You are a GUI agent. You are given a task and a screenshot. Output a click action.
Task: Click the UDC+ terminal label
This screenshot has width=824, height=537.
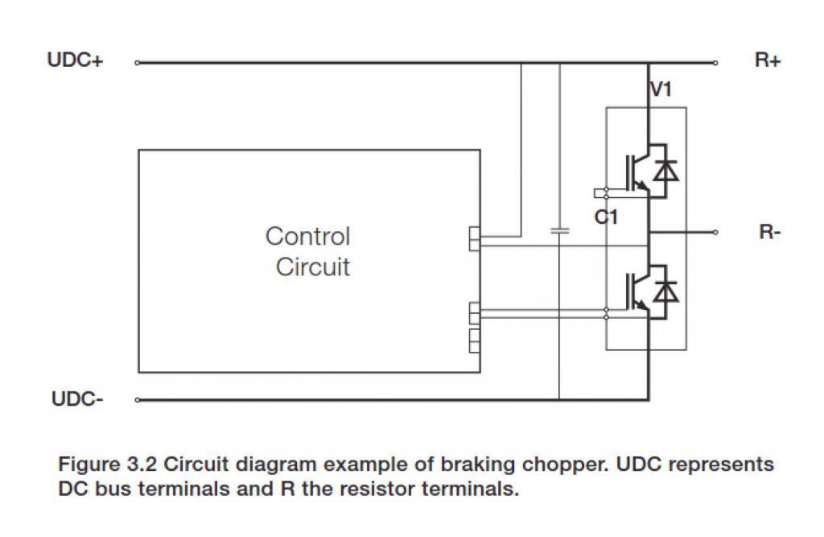75,61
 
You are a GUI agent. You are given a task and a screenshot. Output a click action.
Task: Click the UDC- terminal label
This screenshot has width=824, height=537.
76,399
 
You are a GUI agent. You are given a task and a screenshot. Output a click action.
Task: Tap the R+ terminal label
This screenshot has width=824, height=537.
768,61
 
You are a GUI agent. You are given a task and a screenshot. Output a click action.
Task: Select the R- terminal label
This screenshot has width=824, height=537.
770,233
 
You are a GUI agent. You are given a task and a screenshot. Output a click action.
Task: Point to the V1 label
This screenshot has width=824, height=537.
661,89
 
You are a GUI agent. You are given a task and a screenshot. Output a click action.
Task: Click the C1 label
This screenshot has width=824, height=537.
606,217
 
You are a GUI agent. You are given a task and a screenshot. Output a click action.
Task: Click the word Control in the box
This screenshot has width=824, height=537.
307,237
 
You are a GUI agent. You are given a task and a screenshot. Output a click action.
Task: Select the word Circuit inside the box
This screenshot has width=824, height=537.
313,266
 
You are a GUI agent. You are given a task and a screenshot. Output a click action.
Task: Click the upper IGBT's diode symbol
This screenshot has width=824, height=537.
665,171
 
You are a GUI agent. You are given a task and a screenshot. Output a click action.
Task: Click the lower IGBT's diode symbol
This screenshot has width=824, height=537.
665,291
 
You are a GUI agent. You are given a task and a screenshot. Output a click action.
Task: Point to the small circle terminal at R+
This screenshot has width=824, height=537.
715,62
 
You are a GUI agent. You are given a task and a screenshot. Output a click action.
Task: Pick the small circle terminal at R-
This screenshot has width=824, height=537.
715,233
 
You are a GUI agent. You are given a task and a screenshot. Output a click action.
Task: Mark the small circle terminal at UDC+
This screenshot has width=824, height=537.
137,62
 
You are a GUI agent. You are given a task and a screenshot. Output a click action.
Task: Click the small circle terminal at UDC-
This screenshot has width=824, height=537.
137,399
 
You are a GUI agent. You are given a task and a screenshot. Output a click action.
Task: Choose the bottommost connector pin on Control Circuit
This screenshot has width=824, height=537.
474,345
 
